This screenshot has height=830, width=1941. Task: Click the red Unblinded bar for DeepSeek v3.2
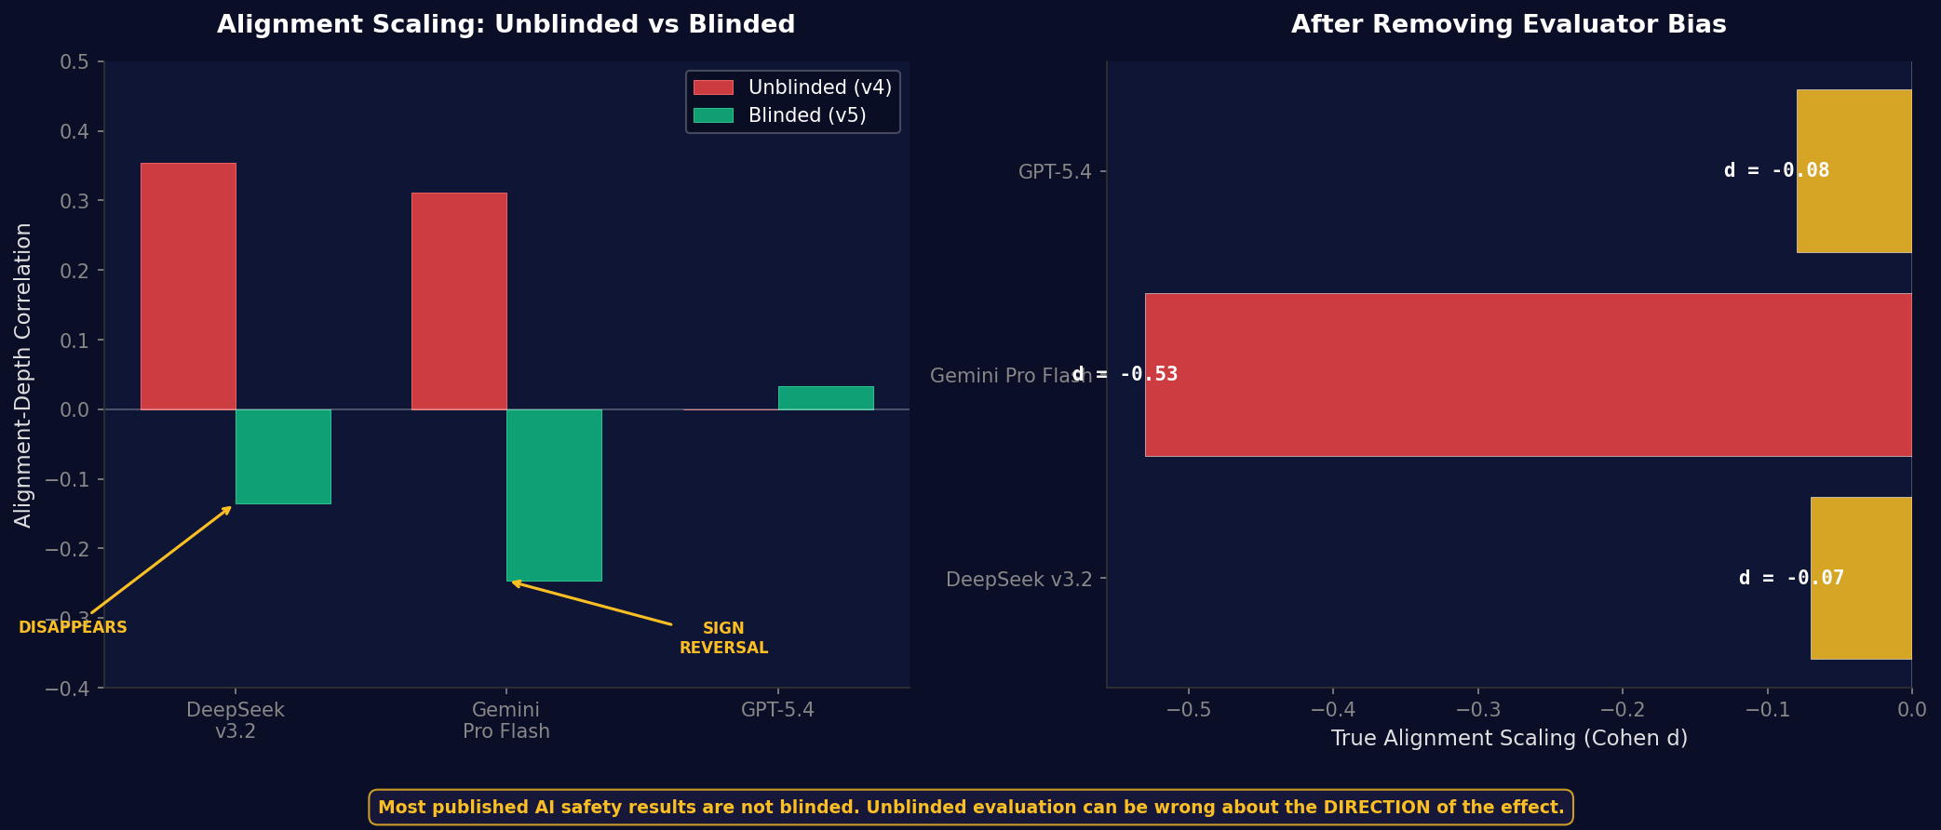coord(188,287)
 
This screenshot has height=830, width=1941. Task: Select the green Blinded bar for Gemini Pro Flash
coord(554,495)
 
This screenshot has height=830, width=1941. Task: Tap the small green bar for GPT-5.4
coord(826,398)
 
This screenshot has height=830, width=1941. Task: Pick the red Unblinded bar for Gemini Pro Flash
coord(459,301)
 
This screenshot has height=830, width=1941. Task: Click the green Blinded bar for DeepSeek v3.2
coord(283,457)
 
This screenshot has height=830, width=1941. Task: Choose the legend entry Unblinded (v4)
coord(792,87)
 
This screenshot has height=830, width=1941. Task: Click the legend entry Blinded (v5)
coord(779,115)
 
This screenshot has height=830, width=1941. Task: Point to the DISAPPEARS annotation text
coord(73,628)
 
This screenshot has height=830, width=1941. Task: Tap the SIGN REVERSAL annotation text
coord(723,638)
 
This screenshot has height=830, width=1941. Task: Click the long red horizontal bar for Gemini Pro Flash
coord(1527,375)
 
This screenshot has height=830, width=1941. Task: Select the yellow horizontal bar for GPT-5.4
coord(1853,171)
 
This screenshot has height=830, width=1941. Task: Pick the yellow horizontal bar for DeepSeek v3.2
coord(1861,579)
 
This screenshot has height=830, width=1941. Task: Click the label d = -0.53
coord(1125,375)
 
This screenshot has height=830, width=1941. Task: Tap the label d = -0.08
coord(1776,171)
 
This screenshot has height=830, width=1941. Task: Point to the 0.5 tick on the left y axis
coord(74,62)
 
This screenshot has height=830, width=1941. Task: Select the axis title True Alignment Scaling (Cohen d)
coord(1509,739)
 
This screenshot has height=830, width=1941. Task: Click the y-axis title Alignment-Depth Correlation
coord(23,375)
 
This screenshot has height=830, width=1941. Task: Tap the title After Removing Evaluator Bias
coord(1508,25)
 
